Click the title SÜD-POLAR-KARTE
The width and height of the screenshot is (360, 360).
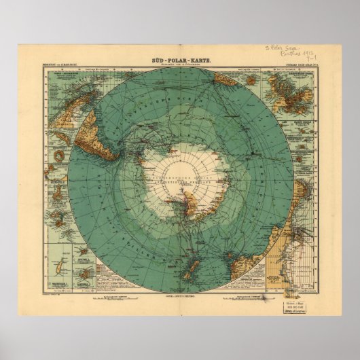tap(179, 62)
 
